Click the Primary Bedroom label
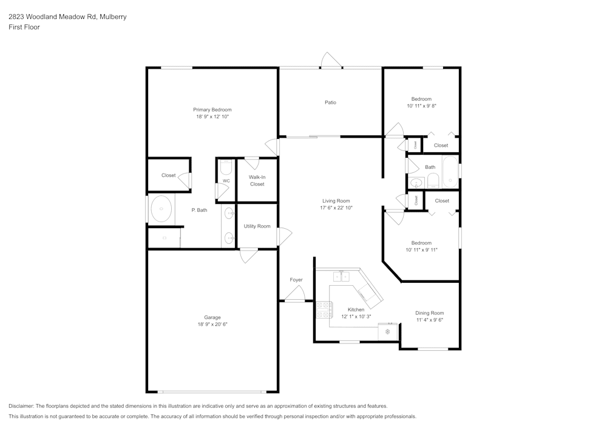click(x=212, y=110)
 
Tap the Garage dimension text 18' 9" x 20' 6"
click(x=212, y=325)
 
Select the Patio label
click(x=330, y=103)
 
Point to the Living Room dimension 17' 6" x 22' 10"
click(x=336, y=208)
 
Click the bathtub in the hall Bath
click(x=450, y=171)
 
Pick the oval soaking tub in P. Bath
click(x=161, y=209)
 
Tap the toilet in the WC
click(x=226, y=167)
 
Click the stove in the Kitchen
click(x=323, y=309)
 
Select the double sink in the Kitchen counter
click(x=341, y=276)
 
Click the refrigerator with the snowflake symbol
click(x=388, y=331)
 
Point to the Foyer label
click(x=296, y=280)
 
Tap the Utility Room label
click(x=257, y=226)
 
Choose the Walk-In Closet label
click(x=257, y=181)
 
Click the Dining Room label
click(x=429, y=313)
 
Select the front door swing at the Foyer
click(x=295, y=293)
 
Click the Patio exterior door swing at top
click(x=331, y=60)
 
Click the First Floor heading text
click(x=24, y=27)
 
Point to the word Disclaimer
click(x=21, y=406)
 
